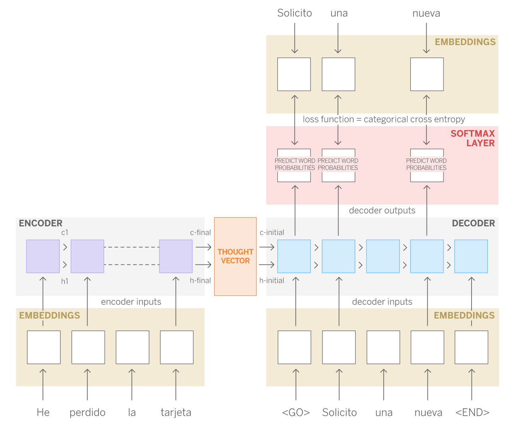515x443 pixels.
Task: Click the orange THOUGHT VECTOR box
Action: [x=235, y=256]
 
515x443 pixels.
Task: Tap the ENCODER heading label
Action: [x=41, y=223]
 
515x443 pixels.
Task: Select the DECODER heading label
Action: [x=473, y=223]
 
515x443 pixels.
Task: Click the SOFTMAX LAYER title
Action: [x=473, y=138]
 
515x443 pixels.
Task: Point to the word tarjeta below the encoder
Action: [x=176, y=412]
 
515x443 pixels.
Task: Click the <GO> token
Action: [x=296, y=412]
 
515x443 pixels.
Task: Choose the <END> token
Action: [x=472, y=412]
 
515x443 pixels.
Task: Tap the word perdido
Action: [x=88, y=412]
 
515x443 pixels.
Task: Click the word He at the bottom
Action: [x=43, y=412]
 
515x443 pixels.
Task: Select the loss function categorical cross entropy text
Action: [x=384, y=120]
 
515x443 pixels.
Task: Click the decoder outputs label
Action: [x=382, y=211]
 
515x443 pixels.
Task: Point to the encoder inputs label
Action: [x=131, y=302]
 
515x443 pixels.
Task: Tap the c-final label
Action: [x=200, y=233]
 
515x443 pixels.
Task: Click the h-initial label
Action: [x=272, y=281]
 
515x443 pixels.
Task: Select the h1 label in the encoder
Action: [x=65, y=281]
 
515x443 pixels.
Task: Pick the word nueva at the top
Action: [x=426, y=13]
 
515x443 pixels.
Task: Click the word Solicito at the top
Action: [x=295, y=13]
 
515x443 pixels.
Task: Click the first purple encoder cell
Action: [x=43, y=256]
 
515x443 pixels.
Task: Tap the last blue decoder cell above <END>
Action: [x=471, y=256]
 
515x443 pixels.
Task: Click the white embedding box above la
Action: [x=132, y=347]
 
